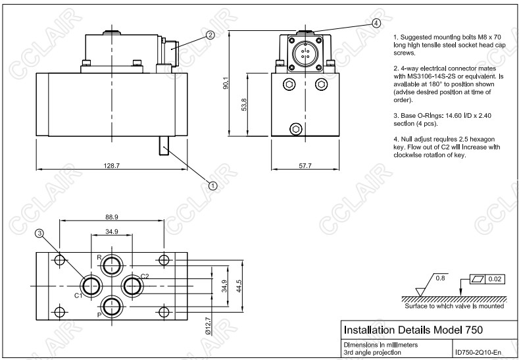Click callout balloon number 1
coord(212,186)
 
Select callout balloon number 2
coord(210,36)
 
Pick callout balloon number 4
coord(376,22)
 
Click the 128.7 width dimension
coord(112,166)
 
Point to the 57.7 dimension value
coord(304,166)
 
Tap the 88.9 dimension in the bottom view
coord(111,217)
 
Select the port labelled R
coord(111,265)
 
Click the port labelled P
coord(111,306)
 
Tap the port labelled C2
coord(133,286)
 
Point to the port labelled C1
coord(90,286)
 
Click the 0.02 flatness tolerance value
coord(495,279)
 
